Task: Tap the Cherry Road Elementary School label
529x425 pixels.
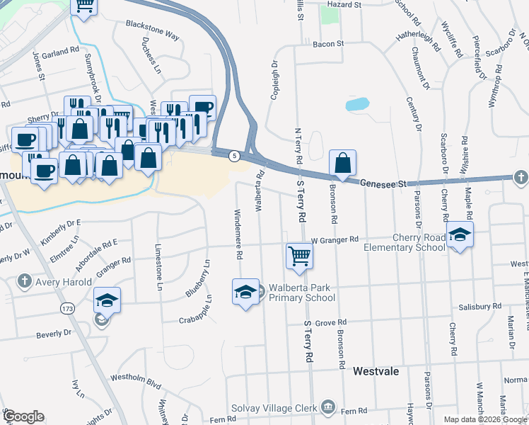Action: (x=405, y=242)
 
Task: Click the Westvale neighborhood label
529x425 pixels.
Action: (x=376, y=371)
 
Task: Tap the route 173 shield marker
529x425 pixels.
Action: (x=68, y=309)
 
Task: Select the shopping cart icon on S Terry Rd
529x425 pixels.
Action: (x=300, y=256)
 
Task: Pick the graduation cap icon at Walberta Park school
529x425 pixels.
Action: (x=245, y=292)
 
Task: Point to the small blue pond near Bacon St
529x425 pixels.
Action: (x=358, y=104)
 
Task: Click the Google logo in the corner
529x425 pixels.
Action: (x=23, y=416)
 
